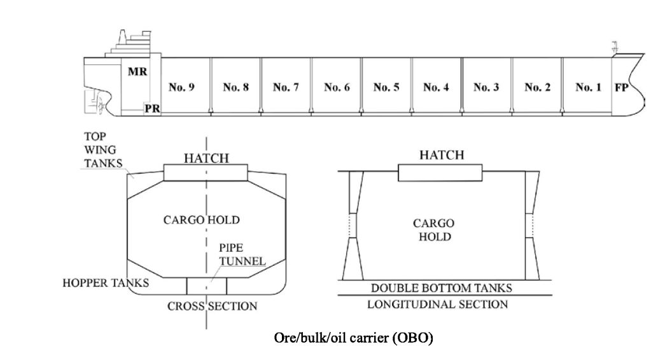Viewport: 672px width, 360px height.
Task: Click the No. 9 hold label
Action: (x=181, y=88)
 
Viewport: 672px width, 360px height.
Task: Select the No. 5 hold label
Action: (x=386, y=88)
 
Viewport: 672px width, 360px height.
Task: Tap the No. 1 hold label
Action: (x=588, y=88)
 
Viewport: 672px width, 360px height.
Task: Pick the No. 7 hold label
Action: (x=286, y=88)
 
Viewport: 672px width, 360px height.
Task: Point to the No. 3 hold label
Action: (x=486, y=88)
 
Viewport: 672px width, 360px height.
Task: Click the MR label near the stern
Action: (x=137, y=72)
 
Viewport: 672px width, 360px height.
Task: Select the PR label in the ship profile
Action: (x=152, y=109)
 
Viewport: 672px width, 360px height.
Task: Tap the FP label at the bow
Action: (x=621, y=88)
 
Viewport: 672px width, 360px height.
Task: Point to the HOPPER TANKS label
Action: (x=106, y=282)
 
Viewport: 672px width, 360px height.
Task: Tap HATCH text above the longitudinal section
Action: (x=441, y=155)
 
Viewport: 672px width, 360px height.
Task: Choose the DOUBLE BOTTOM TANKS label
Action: (x=441, y=288)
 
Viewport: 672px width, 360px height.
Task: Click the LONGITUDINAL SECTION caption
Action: (x=438, y=304)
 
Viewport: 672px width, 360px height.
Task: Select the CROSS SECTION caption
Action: (x=213, y=306)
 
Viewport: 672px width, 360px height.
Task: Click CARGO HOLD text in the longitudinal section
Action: (x=433, y=230)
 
